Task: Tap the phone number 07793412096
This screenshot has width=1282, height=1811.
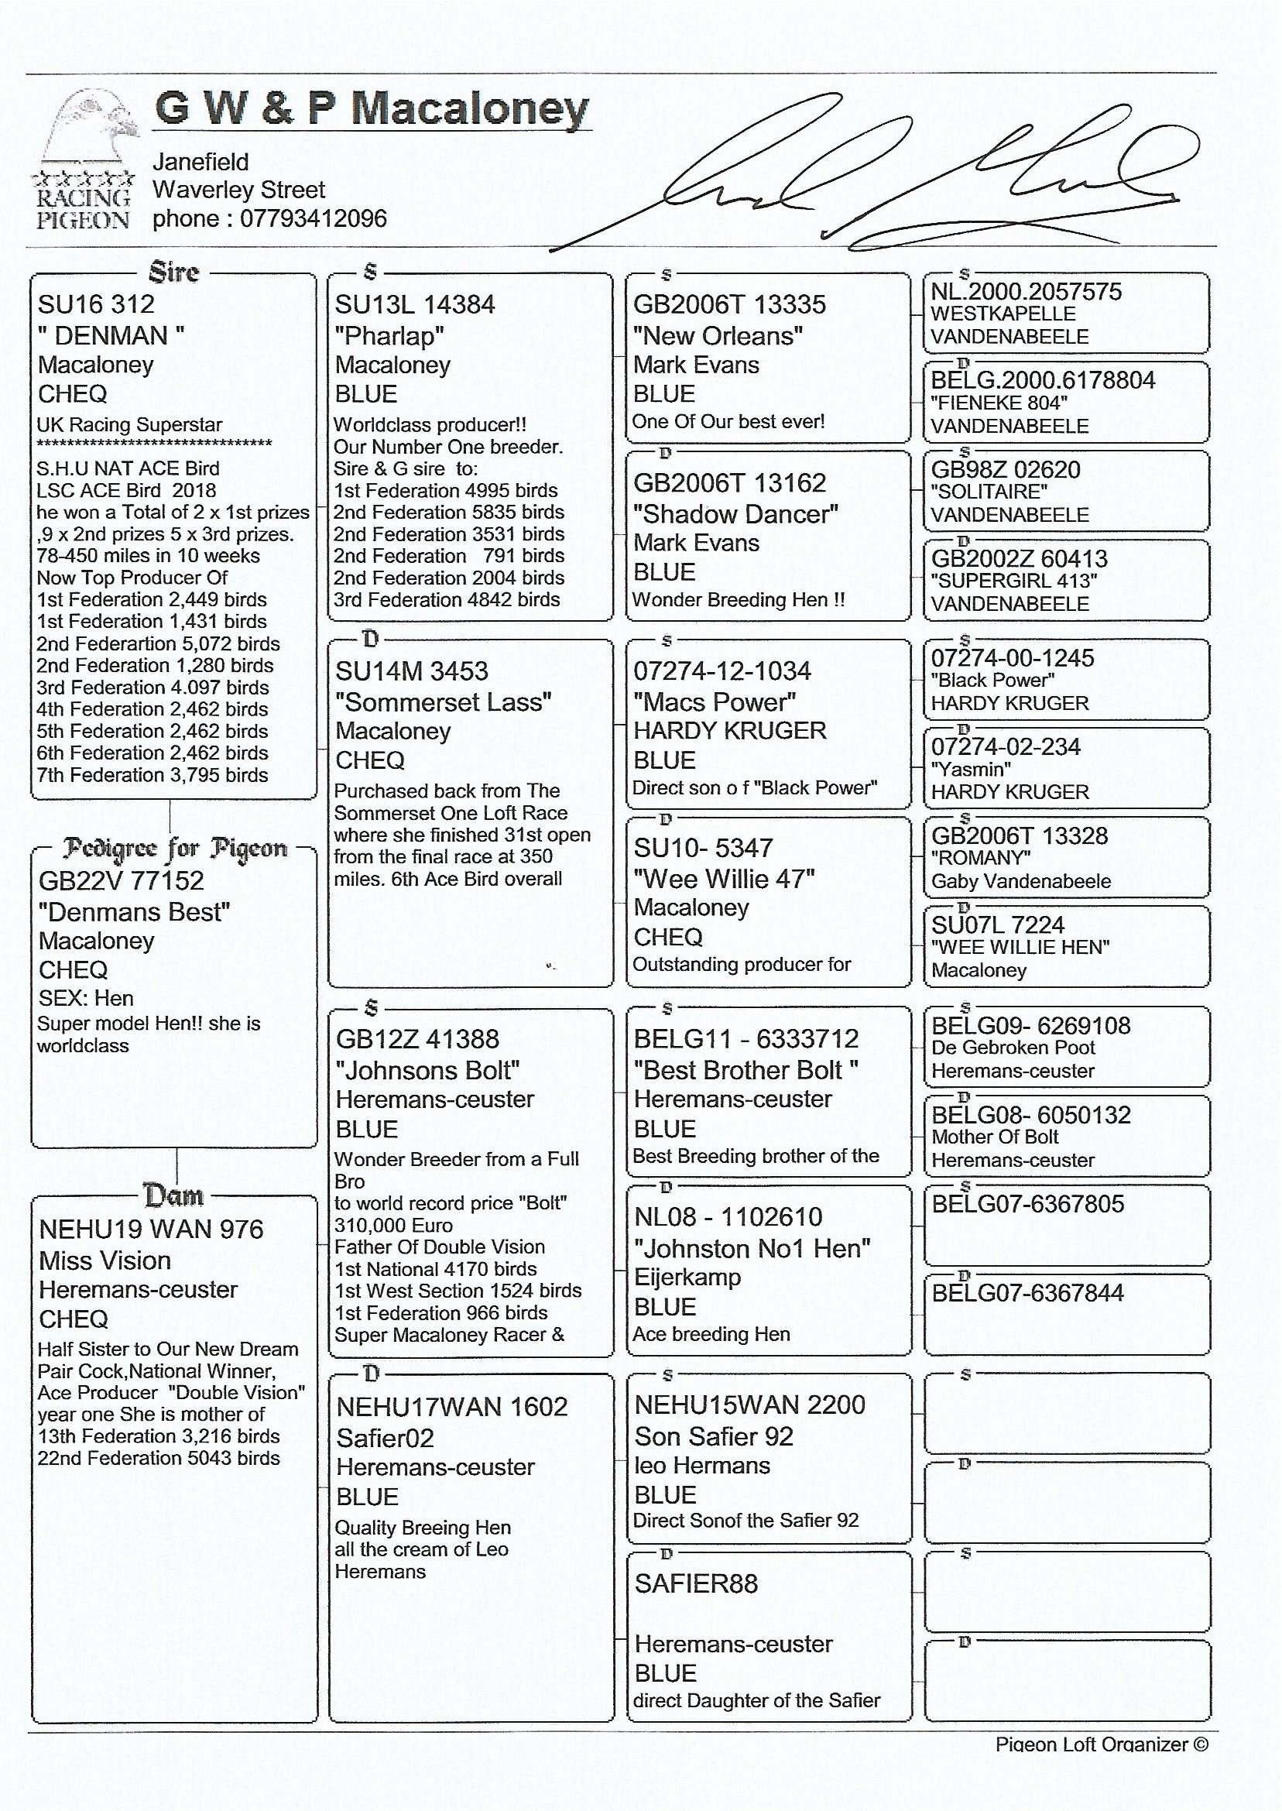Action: tap(313, 218)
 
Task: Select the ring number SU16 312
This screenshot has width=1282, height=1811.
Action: tap(95, 305)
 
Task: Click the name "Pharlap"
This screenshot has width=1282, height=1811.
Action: tap(389, 336)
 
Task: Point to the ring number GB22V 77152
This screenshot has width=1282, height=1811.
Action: tap(121, 881)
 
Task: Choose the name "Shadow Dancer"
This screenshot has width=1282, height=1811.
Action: tap(735, 515)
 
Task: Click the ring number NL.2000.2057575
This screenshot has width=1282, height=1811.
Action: tap(1026, 292)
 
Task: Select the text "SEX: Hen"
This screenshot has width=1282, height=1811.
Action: tap(86, 999)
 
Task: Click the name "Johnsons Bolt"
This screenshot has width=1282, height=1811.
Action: tap(427, 1072)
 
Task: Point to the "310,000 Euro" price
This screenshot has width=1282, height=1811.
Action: tap(393, 1226)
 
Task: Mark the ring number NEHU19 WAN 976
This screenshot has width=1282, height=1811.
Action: tap(151, 1230)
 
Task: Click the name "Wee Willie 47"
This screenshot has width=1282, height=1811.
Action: tap(724, 880)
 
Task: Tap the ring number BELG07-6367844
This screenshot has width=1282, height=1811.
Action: tap(1027, 1293)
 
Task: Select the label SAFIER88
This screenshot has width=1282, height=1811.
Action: tap(695, 1583)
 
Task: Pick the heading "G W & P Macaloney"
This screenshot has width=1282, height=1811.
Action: tap(371, 108)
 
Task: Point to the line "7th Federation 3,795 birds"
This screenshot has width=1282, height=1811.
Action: tap(153, 776)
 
